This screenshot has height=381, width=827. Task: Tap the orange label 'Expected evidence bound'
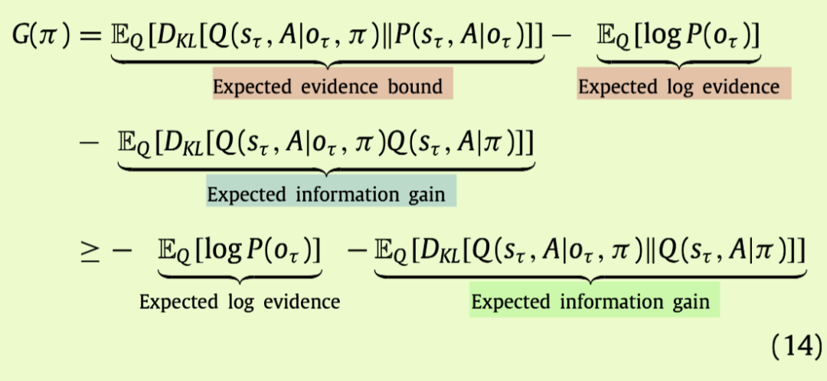[x=332, y=86]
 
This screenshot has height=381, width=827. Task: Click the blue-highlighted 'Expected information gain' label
[x=331, y=194]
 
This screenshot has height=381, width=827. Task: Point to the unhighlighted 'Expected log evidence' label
[x=239, y=301]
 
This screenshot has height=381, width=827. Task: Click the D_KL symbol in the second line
[x=178, y=143]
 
